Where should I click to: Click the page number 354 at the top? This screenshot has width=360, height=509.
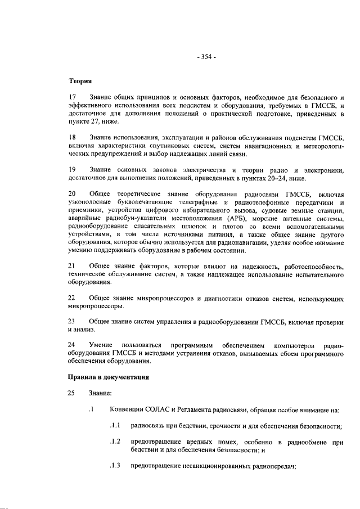206,57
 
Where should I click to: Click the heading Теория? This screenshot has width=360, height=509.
80,82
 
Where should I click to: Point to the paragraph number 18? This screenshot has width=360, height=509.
72,137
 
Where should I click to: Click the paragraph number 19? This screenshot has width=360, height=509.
72,169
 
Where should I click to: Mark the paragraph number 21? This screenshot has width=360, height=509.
72,265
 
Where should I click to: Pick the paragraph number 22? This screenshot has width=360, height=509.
72,297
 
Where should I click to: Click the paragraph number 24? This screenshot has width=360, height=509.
72,344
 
